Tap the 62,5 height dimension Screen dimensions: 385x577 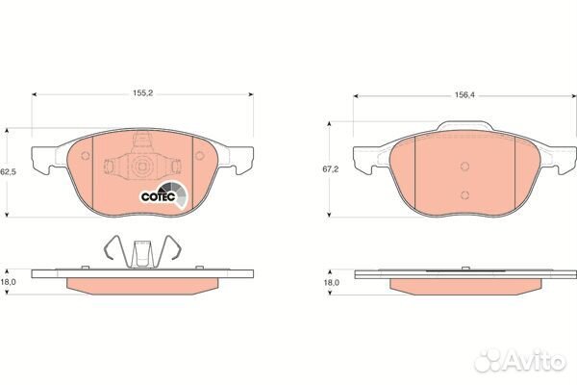coord(8,171)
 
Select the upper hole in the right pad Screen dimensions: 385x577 coord(464,164)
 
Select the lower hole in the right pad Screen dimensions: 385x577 coord(464,193)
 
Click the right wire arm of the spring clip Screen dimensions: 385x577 coord(173,250)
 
